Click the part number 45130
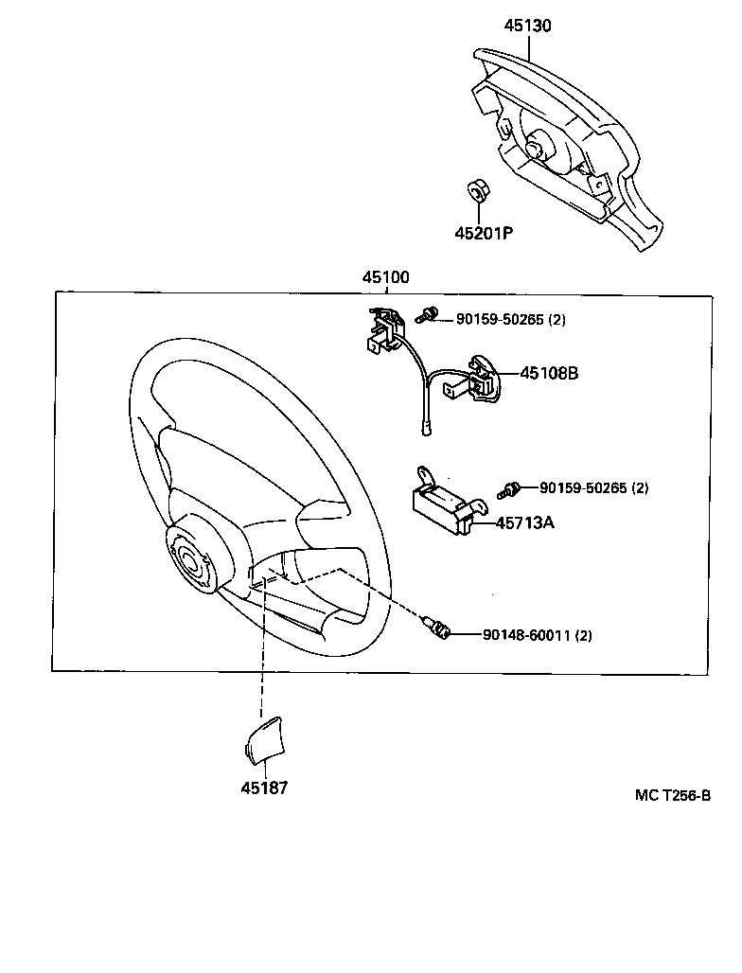527,26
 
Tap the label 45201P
483,233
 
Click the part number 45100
385,277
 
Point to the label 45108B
548,373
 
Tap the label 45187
263,787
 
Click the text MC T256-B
672,796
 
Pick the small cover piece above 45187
263,737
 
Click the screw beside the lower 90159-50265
511,489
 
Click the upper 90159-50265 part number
499,320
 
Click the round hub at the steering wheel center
191,561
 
